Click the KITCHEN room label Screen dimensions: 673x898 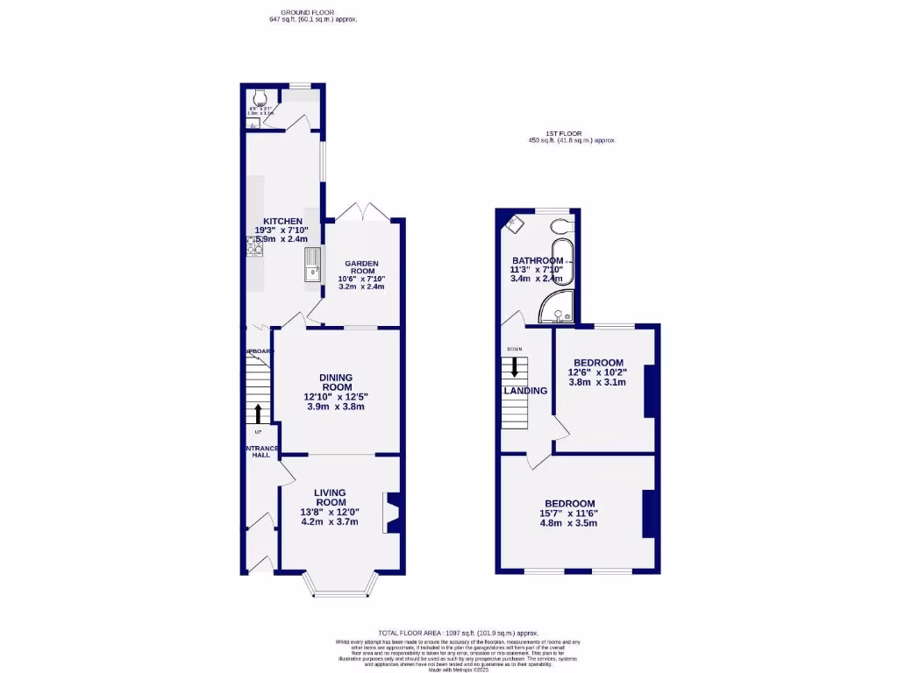[x=282, y=221]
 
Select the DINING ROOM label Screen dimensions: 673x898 [x=336, y=382]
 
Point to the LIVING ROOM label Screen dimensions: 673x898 [x=330, y=497]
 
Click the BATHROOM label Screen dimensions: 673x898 [x=538, y=261]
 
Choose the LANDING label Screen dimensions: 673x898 [x=525, y=391]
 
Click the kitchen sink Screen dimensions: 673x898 [x=312, y=265]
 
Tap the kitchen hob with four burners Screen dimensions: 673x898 [x=253, y=249]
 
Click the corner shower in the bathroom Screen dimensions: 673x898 [x=558, y=305]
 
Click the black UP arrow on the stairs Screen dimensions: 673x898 [x=258, y=413]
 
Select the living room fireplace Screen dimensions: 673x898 [x=392, y=513]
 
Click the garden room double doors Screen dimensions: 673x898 [x=354, y=211]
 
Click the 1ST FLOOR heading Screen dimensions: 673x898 [x=551, y=133]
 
